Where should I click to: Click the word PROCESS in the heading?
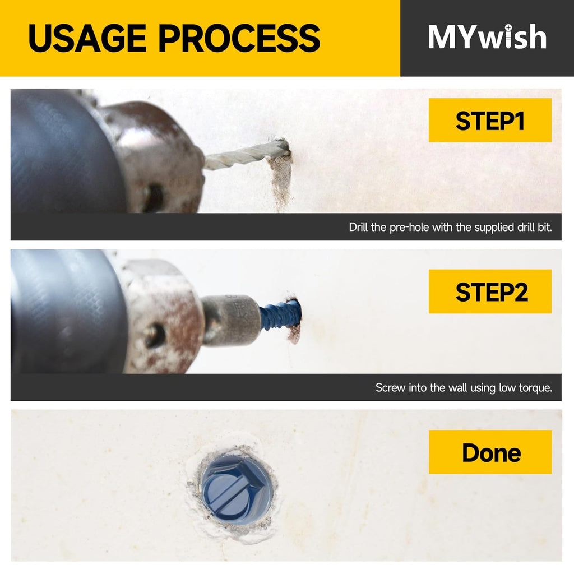(239, 38)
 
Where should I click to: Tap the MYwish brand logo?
(487, 36)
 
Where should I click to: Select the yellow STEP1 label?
(490, 120)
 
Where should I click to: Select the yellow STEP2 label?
(490, 291)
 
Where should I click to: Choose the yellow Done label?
(490, 452)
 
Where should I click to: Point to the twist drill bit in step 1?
(246, 155)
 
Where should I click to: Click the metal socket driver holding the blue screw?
(230, 320)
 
